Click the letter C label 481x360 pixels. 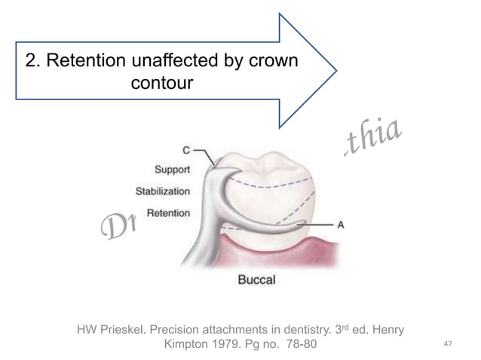[x=186, y=149]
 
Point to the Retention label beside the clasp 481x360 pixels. [x=168, y=212]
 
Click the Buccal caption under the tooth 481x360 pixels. [x=257, y=280]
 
